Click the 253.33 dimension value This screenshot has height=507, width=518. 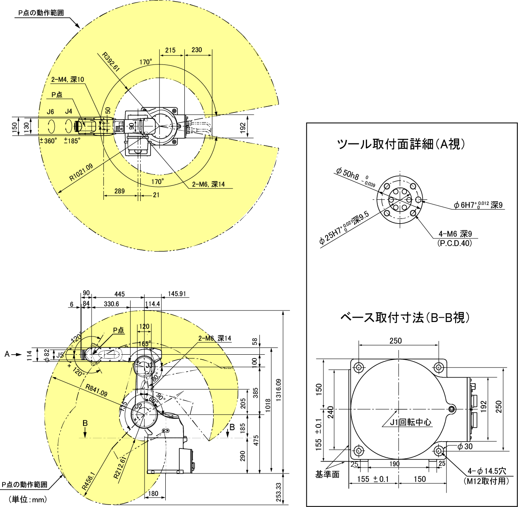tap(278, 492)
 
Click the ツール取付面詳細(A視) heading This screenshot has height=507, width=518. tap(401, 145)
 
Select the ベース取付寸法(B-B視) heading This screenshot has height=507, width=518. tap(405, 317)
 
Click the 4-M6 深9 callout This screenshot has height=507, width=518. tap(455, 234)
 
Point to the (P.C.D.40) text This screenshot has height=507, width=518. tap(454, 244)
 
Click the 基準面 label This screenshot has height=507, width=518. tap(327, 474)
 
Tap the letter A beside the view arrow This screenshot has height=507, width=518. tap(7, 354)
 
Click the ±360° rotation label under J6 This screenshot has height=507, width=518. tap(48, 141)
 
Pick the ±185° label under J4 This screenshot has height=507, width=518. tap(72, 141)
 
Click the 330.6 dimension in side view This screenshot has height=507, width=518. tap(111, 304)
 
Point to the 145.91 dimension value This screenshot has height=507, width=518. tap(178, 294)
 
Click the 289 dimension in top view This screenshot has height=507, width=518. tap(120, 191)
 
